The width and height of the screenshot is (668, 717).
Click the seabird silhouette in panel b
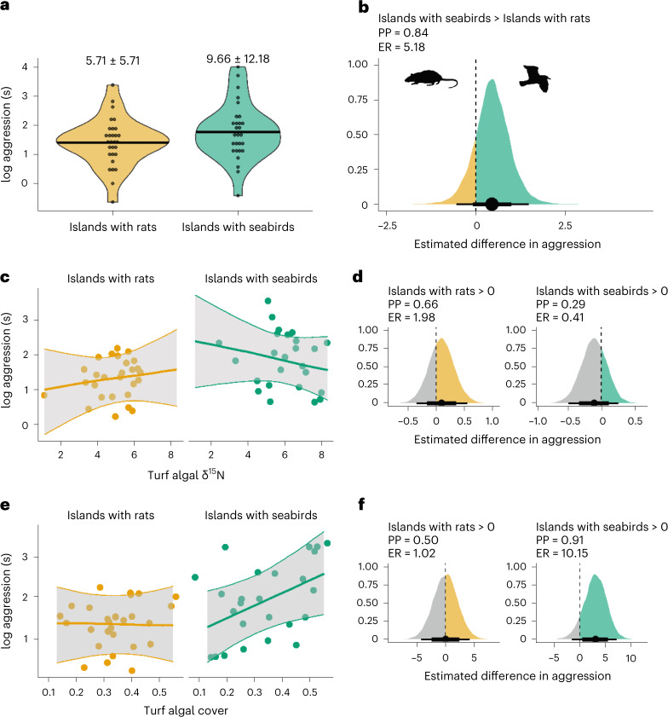[x=534, y=78]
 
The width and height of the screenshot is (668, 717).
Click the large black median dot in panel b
[x=492, y=204]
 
